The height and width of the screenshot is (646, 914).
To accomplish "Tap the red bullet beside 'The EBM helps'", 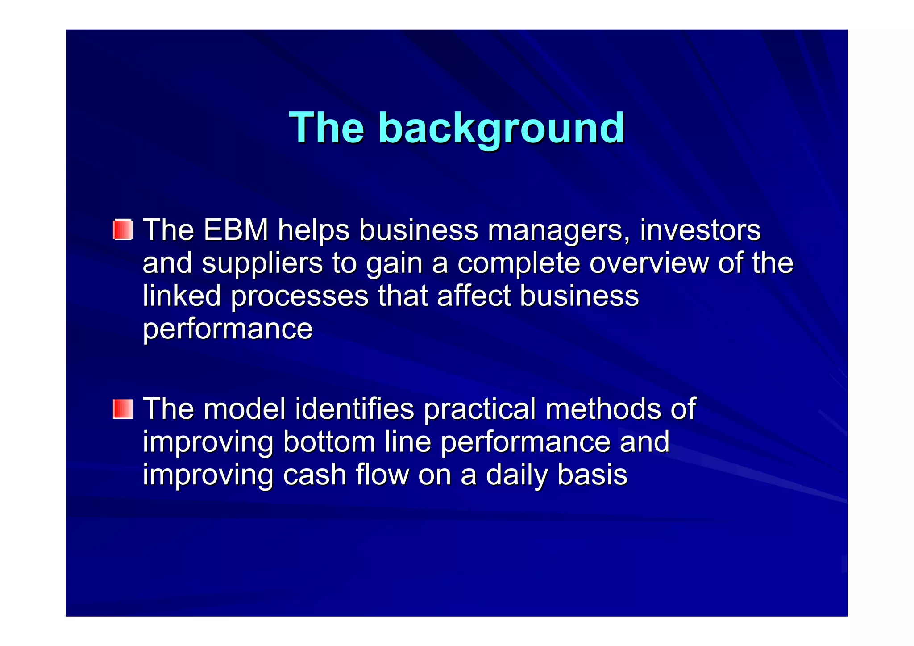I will pyautogui.click(x=123, y=229).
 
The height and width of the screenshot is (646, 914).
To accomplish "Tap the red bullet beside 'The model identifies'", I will pyautogui.click(x=123, y=409).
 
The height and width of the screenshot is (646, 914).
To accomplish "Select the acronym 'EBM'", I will pyautogui.click(x=236, y=230).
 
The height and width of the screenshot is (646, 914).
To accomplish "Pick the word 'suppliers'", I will pyautogui.click(x=262, y=263).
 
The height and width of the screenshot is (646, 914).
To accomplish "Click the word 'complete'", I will pyautogui.click(x=519, y=263).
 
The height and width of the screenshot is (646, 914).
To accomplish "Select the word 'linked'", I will pyautogui.click(x=182, y=296).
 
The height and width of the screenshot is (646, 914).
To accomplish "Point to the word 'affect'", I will pyautogui.click(x=474, y=296).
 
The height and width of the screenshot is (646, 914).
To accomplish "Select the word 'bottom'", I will pyautogui.click(x=329, y=442).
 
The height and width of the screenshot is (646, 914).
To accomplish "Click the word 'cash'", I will pyautogui.click(x=315, y=475).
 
